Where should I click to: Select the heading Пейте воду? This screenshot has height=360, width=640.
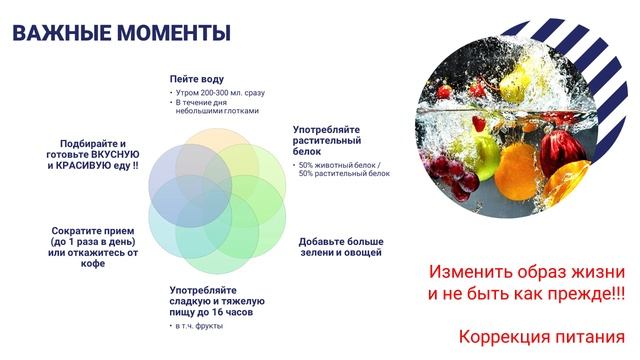coord(196,79)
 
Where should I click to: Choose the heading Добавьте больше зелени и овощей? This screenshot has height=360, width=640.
coord(341,248)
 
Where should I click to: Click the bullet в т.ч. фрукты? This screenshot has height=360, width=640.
coord(197,327)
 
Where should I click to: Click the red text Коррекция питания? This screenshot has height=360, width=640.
coord(541,336)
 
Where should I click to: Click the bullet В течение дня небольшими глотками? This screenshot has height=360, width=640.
coord(216,106)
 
